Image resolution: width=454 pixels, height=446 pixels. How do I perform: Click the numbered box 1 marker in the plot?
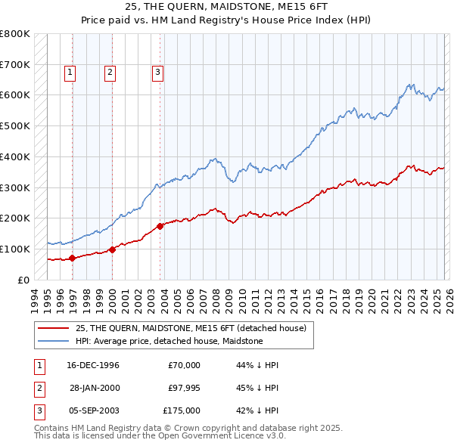tap(70, 73)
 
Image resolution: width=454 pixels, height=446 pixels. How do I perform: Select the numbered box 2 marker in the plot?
tap(110, 73)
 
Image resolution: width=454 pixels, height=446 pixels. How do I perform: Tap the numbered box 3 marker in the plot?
tap(157, 73)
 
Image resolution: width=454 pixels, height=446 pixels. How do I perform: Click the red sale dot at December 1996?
tap(73, 258)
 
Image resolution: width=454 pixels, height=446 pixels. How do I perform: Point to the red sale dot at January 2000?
tap(112, 249)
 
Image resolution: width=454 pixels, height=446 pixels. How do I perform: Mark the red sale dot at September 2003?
tap(160, 225)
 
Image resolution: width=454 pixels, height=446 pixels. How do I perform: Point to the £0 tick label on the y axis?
tap(23, 280)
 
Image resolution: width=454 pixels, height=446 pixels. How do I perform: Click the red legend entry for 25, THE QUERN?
tap(190, 328)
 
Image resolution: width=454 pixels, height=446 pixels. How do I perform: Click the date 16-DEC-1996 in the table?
tap(93, 365)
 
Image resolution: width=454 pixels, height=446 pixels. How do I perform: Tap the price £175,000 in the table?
tap(181, 410)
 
